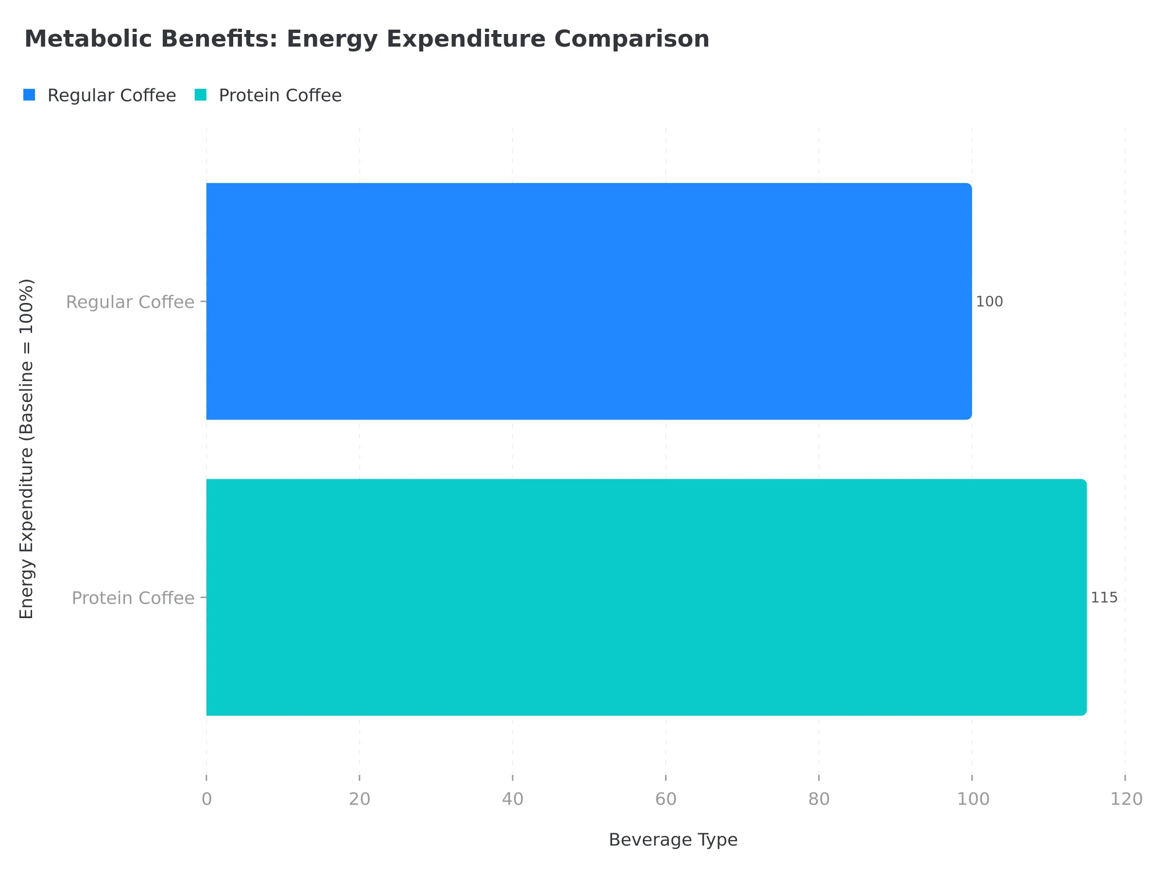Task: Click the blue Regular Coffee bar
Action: tap(588, 302)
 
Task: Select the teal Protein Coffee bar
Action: tap(646, 597)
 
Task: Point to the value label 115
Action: tap(1104, 598)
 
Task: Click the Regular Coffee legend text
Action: tap(112, 95)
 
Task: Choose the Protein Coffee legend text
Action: tap(280, 95)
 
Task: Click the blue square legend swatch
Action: tap(30, 95)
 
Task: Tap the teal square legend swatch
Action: tap(200, 95)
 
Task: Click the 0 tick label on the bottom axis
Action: tap(206, 799)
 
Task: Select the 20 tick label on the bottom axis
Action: tap(360, 799)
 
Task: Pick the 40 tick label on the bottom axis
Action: tap(513, 799)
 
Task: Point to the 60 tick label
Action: tap(666, 799)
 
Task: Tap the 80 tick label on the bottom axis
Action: tap(819, 799)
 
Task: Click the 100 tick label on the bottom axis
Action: tap(973, 799)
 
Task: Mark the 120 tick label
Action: tap(1127, 799)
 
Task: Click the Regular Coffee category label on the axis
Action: tap(130, 302)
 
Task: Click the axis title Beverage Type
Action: tap(673, 840)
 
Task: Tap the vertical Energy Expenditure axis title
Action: tap(27, 449)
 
